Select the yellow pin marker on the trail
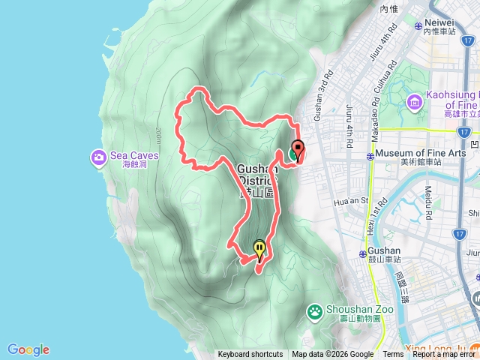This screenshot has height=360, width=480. (x=259, y=248)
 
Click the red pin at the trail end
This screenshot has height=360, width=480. (x=297, y=150)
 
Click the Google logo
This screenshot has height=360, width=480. (x=28, y=349)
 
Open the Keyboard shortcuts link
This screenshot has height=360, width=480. (x=250, y=355)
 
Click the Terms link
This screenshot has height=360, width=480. (x=393, y=355)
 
